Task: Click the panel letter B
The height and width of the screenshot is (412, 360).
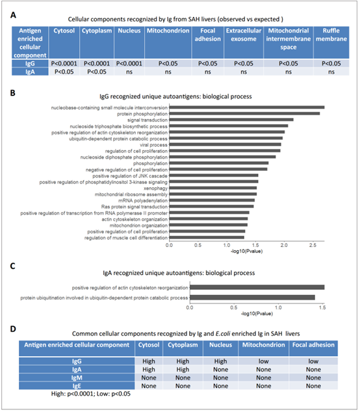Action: (x=12, y=93)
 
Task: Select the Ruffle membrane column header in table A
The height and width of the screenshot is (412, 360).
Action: (x=331, y=34)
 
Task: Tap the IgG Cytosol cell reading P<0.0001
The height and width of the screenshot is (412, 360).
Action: (x=64, y=64)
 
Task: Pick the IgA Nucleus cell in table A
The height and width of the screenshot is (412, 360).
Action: (x=129, y=72)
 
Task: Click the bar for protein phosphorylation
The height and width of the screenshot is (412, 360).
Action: (x=244, y=114)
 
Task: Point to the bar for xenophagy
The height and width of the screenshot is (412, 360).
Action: (x=213, y=188)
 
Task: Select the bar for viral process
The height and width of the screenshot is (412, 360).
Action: (x=225, y=144)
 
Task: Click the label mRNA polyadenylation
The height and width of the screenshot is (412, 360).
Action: (x=143, y=201)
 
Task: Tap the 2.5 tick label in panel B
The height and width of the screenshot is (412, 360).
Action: (x=313, y=245)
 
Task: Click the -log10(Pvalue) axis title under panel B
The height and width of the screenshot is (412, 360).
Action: (x=246, y=251)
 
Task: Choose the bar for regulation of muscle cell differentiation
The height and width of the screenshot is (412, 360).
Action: (x=207, y=238)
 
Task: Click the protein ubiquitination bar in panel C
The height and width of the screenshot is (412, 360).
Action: (x=252, y=298)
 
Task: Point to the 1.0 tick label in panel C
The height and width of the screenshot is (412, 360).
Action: (x=278, y=307)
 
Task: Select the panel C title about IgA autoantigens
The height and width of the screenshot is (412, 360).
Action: (x=179, y=273)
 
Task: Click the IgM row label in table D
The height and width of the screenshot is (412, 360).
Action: (x=77, y=378)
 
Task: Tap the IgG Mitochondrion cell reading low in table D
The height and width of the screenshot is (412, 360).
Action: (x=264, y=361)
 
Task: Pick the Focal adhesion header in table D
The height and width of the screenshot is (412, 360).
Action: (x=313, y=344)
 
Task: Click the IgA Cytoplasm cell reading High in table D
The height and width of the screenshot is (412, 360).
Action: (x=183, y=370)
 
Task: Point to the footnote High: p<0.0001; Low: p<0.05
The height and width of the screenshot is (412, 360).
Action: (x=91, y=394)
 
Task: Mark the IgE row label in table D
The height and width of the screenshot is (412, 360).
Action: (x=77, y=386)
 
